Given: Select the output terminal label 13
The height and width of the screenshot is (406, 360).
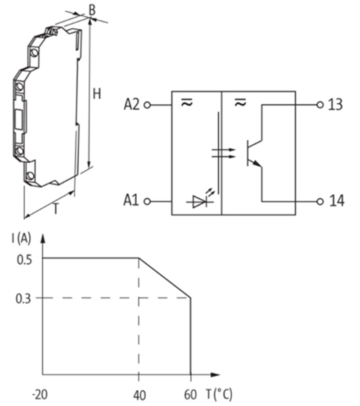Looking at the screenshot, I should [335, 105].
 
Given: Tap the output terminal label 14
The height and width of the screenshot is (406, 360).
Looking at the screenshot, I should [336, 201].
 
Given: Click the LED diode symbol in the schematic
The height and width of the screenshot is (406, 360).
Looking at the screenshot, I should [199, 202].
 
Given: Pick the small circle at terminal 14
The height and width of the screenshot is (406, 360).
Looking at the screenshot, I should [320, 201].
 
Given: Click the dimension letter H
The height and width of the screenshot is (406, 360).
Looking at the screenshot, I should [97, 94].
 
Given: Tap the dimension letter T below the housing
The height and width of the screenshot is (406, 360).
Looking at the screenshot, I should [56, 209].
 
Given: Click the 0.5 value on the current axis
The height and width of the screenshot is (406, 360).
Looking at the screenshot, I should [23, 259].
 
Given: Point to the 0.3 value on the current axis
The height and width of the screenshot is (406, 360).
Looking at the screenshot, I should [23, 298].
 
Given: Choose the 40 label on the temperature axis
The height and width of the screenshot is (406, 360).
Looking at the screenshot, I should [139, 395].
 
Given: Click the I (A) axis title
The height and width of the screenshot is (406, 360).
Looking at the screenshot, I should [21, 239].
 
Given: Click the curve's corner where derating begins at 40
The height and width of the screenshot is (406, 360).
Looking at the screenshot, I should [139, 258].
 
